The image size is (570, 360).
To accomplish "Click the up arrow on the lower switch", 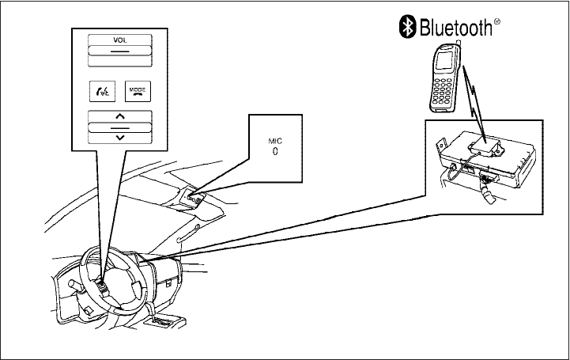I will (x=119, y=116).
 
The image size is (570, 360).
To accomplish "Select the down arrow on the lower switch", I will (x=119, y=137).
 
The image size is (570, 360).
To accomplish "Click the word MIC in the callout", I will (x=274, y=140).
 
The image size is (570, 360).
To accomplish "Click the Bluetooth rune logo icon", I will (x=405, y=29).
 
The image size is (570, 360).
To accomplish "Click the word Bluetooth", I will (x=454, y=29).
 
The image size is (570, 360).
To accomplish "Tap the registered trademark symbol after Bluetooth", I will (x=498, y=23).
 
